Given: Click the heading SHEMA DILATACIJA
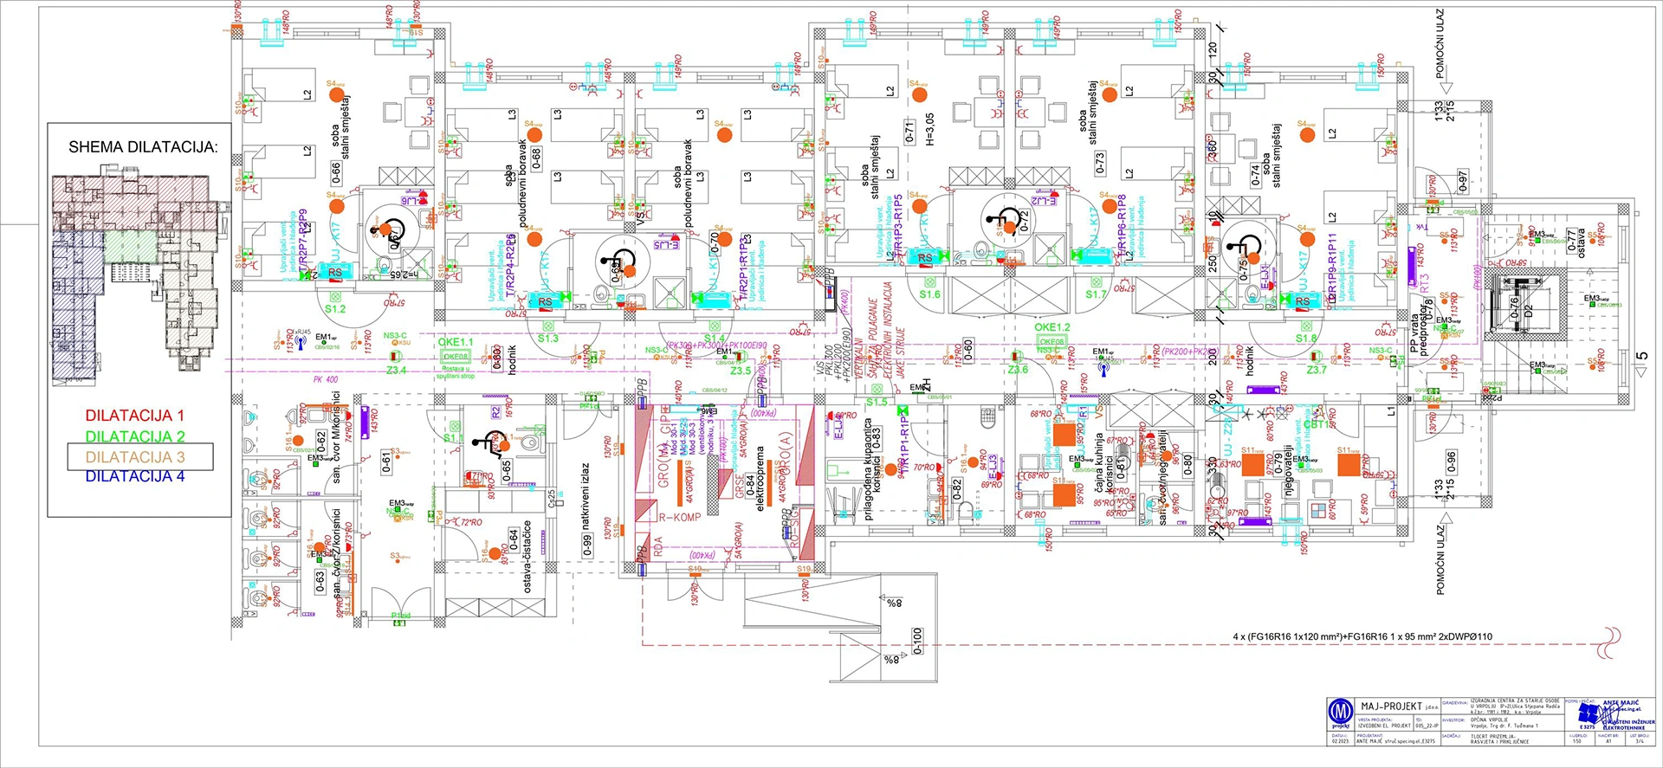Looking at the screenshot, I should tap(143, 147).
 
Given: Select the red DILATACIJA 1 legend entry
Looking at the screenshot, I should tap(134, 416).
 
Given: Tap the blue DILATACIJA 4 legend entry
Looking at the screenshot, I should tap(134, 476).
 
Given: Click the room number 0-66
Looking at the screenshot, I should tap(336, 171).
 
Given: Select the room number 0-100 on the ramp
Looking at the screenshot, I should tap(917, 641).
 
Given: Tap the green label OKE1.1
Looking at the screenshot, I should tap(455, 343).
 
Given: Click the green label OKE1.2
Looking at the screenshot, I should tap(1052, 327).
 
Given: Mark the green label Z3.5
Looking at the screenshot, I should tap(740, 371).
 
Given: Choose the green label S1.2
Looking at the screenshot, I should tap(335, 309).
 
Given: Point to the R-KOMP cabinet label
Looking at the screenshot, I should tap(680, 518).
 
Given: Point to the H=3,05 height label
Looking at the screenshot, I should tap(929, 128).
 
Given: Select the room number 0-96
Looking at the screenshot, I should tap(1451, 463).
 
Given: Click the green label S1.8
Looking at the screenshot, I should tap(1305, 339).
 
